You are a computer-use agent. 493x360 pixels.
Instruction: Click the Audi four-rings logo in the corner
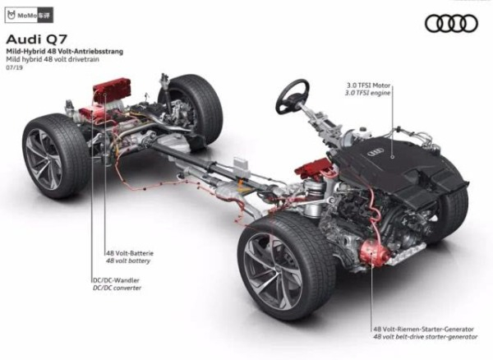pos(451,24)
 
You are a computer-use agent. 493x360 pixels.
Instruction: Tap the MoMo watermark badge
pos(29,15)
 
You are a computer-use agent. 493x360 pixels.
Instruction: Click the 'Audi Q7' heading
pos(36,39)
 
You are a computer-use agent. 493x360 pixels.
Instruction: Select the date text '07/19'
pos(15,67)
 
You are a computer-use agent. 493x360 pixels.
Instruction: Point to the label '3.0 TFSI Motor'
pos(368,85)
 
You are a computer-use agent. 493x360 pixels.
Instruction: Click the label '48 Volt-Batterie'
pos(130,253)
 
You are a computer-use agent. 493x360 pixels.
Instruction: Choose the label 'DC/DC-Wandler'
pos(116,280)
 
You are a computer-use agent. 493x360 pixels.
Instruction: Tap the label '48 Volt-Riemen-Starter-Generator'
pos(423,330)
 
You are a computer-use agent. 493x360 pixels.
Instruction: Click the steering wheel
pos(293,96)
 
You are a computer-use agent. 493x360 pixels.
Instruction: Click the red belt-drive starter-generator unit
pos(374,252)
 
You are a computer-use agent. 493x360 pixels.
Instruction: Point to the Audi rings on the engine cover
pos(376,152)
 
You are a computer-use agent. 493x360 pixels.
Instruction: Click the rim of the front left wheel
pos(273,271)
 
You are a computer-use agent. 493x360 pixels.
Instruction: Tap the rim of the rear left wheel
pos(44,159)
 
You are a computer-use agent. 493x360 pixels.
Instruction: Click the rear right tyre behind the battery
pos(191,108)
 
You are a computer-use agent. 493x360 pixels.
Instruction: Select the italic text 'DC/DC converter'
pos(117,288)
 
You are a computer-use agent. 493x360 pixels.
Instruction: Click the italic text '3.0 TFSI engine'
pos(368,93)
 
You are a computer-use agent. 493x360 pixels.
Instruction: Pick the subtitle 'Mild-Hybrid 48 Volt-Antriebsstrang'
pos(65,51)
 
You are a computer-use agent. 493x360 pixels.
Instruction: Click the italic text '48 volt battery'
pos(128,261)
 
